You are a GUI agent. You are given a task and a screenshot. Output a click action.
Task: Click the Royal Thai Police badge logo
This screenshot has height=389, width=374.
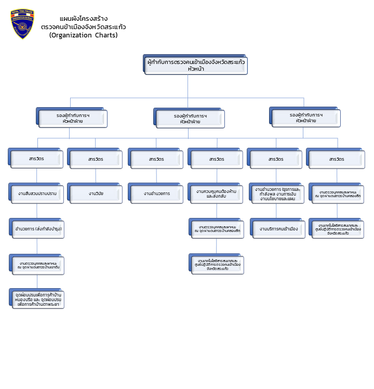click(23, 24)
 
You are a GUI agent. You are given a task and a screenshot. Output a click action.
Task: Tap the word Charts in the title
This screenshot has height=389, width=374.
click(106, 35)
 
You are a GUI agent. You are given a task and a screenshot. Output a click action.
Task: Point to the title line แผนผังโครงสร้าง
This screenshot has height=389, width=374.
click(84, 19)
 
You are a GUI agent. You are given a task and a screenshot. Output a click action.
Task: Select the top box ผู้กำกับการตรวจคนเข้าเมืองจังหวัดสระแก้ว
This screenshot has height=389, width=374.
click(196, 65)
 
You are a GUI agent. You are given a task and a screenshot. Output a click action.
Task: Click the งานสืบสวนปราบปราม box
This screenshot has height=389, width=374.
click(37, 193)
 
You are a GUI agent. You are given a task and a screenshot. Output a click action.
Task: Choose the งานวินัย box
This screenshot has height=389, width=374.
click(96, 193)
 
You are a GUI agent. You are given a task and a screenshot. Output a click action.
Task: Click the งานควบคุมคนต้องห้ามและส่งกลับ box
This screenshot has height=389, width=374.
click(217, 193)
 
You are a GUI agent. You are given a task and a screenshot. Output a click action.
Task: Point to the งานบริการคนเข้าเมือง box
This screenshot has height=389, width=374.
click(277, 229)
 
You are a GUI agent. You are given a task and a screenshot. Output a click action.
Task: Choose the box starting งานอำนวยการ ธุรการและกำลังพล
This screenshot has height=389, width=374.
click(277, 193)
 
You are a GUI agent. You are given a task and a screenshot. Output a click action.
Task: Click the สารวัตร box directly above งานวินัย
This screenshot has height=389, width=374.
click(96, 159)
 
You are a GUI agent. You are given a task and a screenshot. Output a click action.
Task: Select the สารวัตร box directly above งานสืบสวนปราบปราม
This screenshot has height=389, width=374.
click(37, 159)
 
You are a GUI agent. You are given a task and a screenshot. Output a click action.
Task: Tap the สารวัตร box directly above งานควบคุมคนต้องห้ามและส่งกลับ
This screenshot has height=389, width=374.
click(217, 159)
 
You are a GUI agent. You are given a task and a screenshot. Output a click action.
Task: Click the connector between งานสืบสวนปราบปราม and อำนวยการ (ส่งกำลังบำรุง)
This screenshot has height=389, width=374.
click(37, 211)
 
